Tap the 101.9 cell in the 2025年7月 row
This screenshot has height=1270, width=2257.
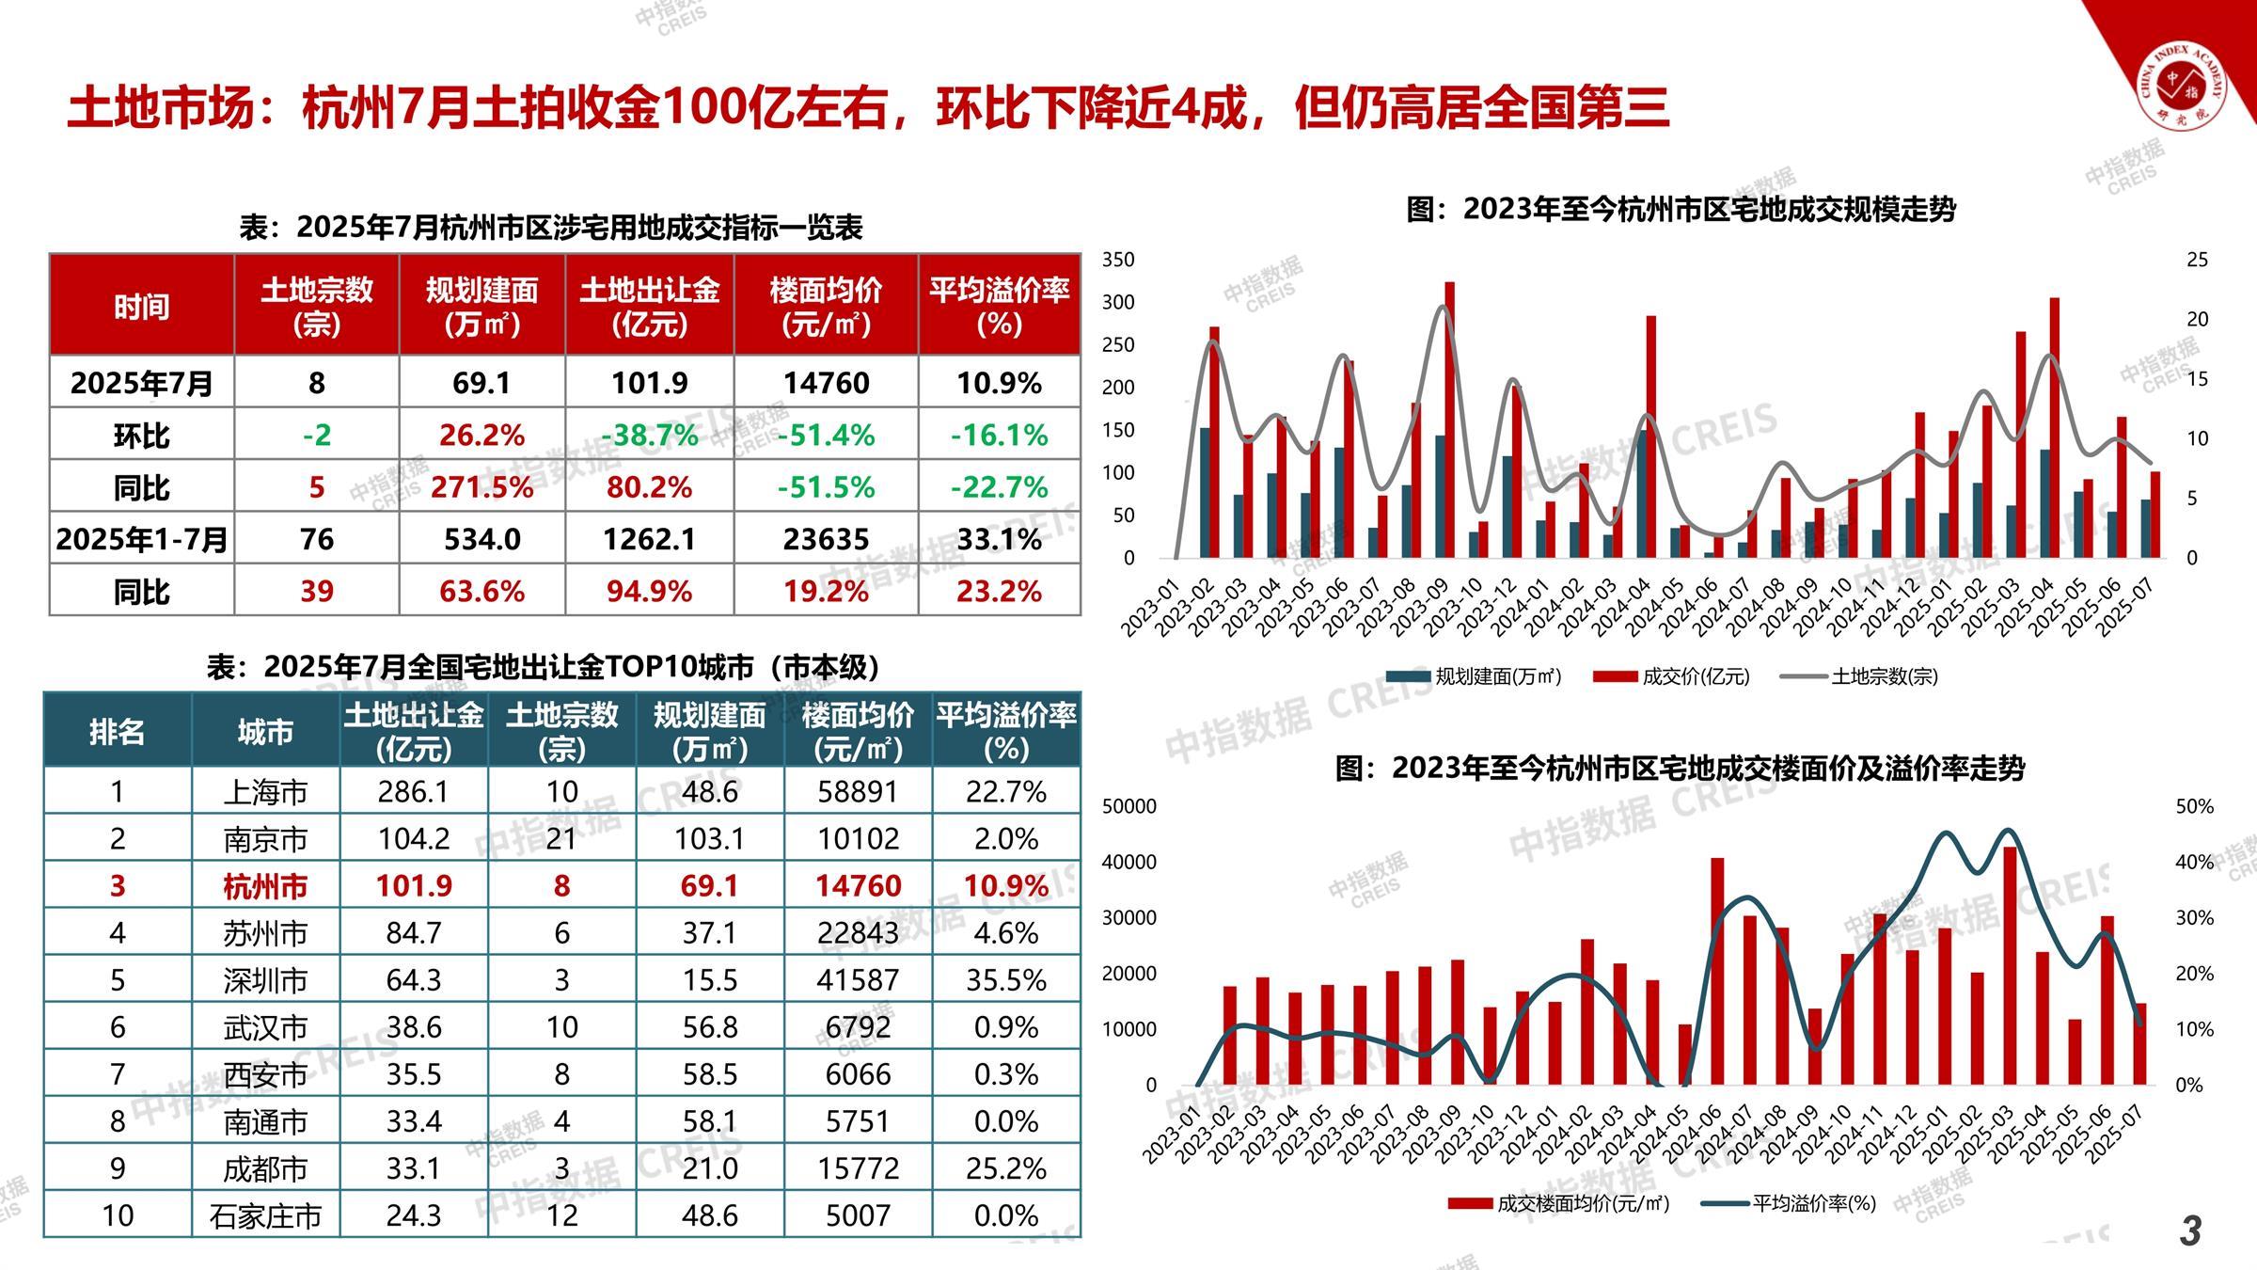click(649, 383)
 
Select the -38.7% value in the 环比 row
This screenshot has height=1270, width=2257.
click(649, 435)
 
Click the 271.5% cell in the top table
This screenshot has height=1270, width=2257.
click(481, 487)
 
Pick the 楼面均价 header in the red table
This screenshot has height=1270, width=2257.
click(826, 306)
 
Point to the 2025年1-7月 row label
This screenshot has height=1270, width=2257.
click(141, 539)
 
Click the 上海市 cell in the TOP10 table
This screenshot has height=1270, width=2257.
click(265, 792)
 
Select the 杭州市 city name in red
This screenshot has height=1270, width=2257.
click(265, 886)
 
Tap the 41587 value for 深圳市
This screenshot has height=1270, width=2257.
click(858, 980)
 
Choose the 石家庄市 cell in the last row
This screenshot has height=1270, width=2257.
click(265, 1216)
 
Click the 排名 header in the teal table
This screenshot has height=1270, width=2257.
click(117, 732)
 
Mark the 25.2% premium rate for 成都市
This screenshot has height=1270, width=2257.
click(1005, 1168)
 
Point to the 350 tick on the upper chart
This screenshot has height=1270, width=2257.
click(1118, 260)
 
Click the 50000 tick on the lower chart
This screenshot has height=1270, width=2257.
click(1129, 807)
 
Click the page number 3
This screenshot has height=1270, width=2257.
click(2190, 1230)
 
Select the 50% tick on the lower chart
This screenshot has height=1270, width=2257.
click(2194, 807)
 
